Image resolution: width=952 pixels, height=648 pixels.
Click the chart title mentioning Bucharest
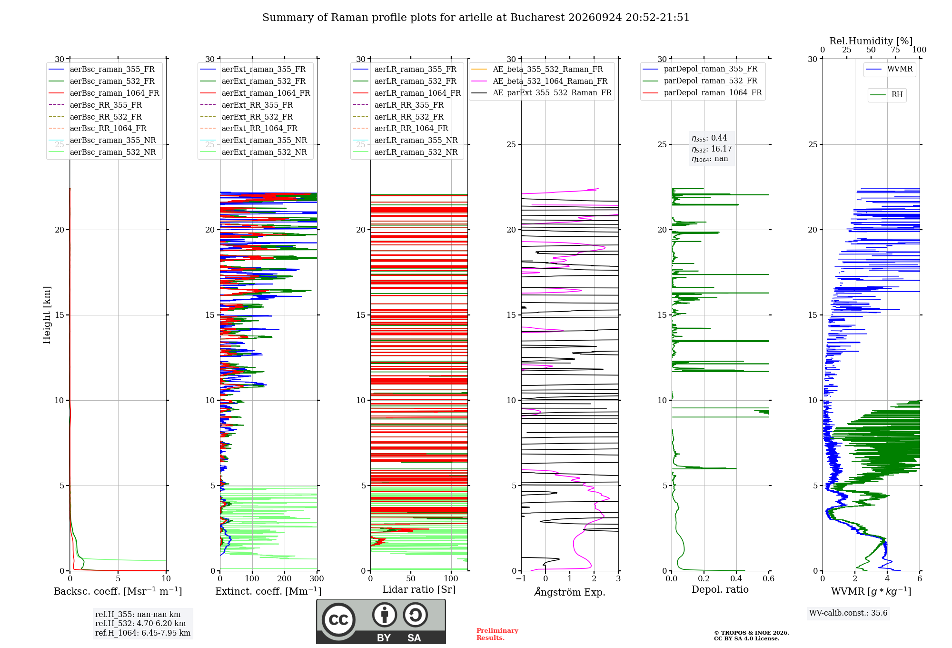pos(476,18)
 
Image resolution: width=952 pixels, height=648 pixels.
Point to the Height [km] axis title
pos(47,315)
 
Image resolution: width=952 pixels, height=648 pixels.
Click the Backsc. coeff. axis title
pos(118,591)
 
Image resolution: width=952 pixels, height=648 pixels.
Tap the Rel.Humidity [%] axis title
pos(871,41)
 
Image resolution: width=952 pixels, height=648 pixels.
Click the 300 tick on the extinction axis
pos(317,578)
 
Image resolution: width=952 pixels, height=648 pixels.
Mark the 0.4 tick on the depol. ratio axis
pos(736,578)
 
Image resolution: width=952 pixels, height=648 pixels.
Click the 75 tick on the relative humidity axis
pos(895,50)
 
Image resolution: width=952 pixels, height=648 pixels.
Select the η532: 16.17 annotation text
pos(712,149)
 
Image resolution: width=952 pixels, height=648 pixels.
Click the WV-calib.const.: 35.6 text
pos(848,613)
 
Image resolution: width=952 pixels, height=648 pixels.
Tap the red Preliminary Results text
pos(497,634)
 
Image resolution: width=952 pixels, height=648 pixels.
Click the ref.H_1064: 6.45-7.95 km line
pos(143,633)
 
